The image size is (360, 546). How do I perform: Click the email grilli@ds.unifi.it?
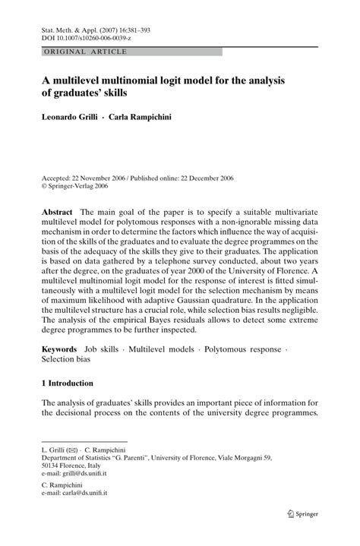pos(81,471)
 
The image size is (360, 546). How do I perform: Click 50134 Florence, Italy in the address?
pos(73,464)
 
